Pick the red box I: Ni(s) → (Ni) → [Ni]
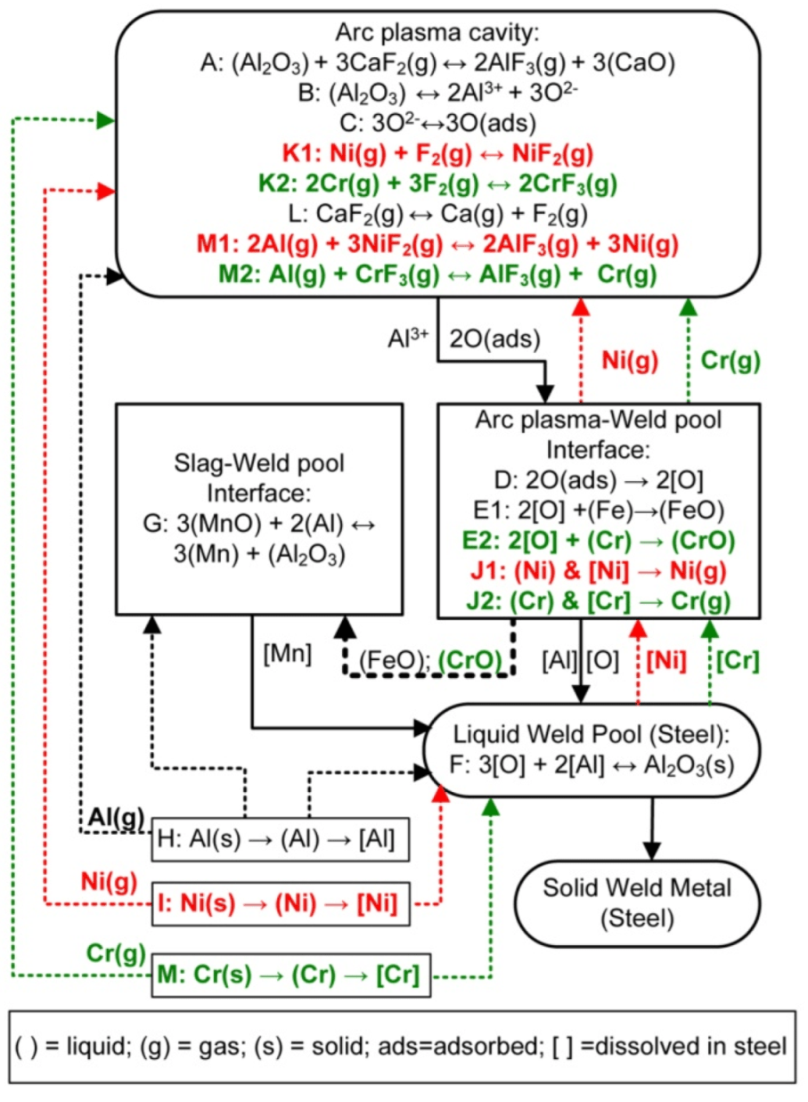(x=285, y=902)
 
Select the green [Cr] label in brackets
(x=737, y=661)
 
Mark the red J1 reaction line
(x=598, y=571)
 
